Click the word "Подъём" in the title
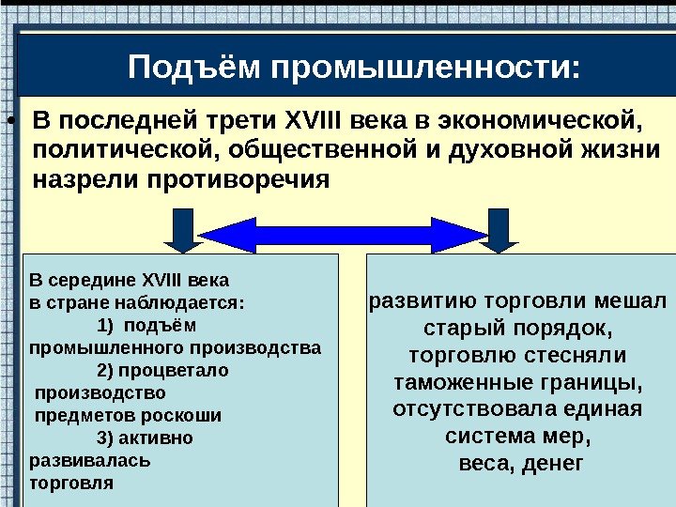194,68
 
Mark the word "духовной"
503,150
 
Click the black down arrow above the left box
181,229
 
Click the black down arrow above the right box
497,229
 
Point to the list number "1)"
106,326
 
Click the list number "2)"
106,371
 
